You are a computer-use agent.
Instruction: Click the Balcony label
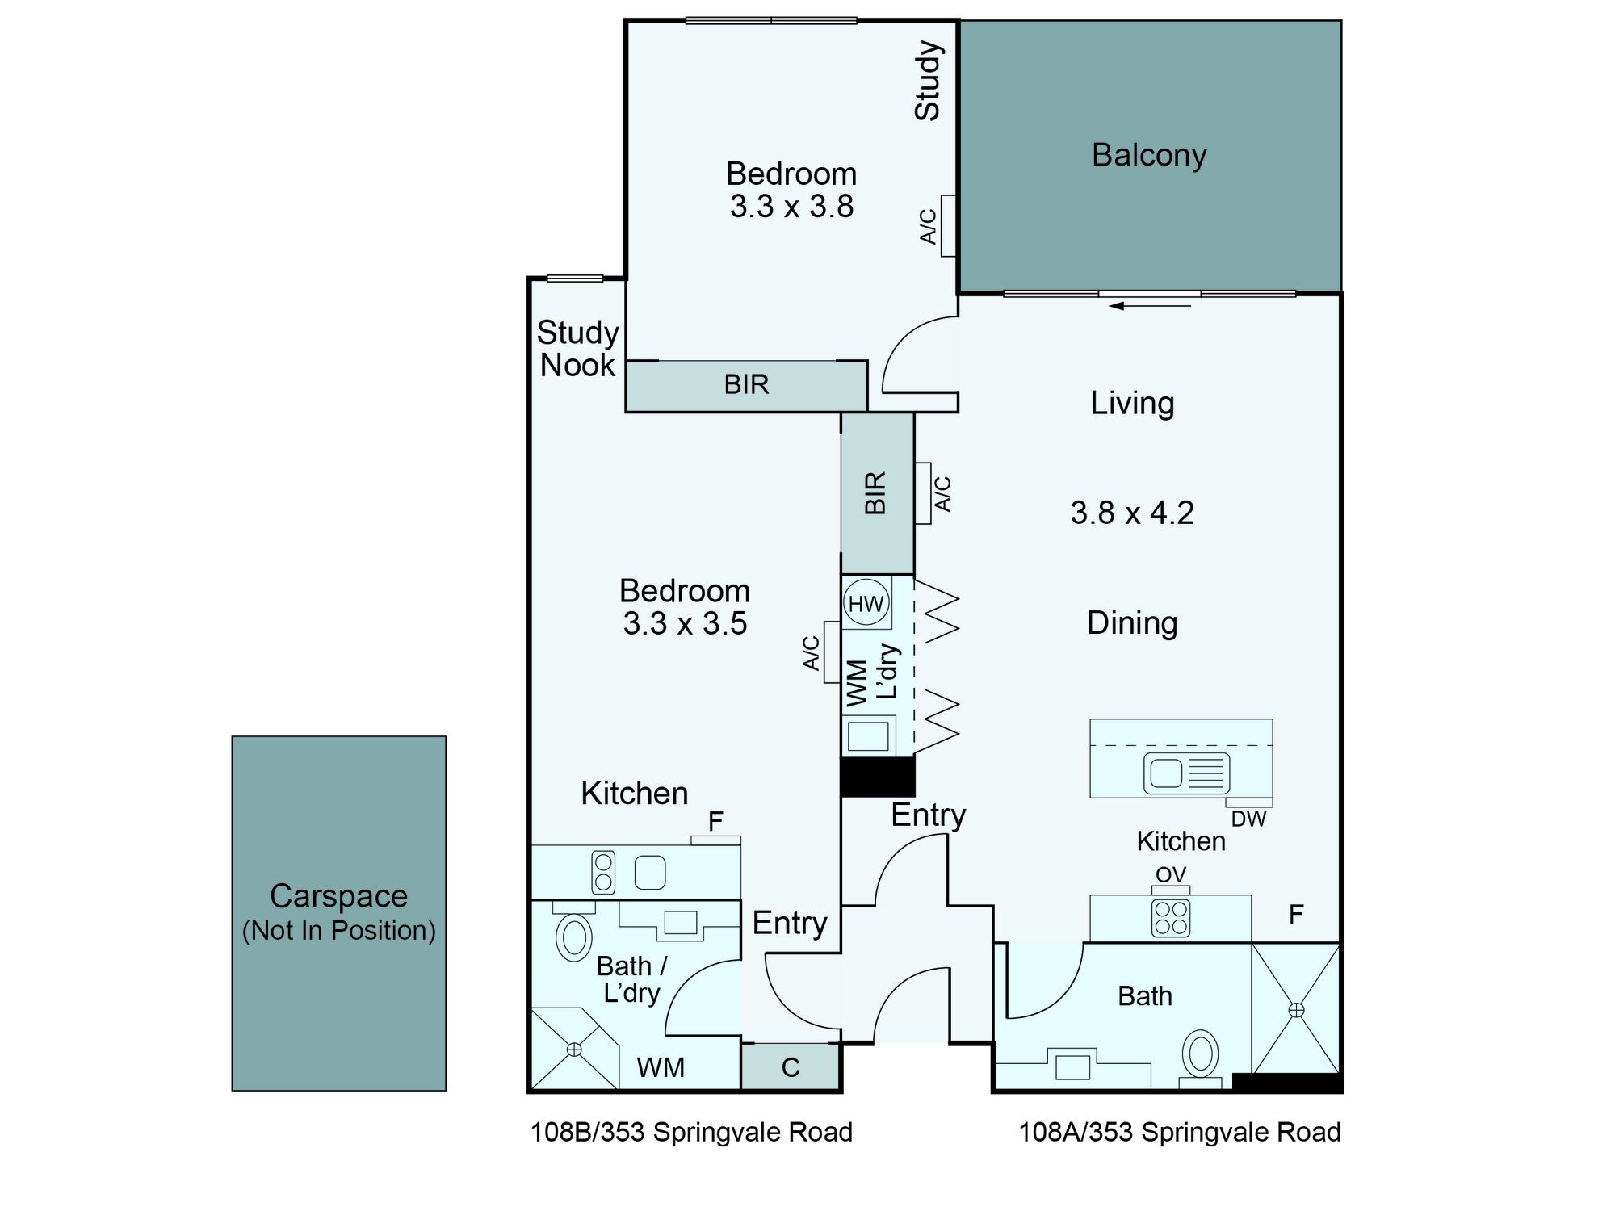(1149, 155)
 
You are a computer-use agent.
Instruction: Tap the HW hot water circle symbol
(866, 603)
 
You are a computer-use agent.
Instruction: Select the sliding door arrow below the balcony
(1151, 306)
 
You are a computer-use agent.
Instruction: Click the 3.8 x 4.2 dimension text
(1132, 513)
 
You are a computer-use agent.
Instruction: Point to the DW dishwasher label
(1248, 819)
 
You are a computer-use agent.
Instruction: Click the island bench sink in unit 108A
(1186, 773)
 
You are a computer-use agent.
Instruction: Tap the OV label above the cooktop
(1170, 874)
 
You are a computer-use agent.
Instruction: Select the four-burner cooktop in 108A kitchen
(1171, 918)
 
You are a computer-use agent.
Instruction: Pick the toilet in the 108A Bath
(1201, 1054)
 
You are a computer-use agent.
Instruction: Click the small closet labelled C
(791, 1066)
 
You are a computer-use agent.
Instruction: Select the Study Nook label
(578, 349)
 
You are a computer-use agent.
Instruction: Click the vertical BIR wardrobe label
(876, 493)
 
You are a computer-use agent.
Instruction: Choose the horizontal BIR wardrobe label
(746, 384)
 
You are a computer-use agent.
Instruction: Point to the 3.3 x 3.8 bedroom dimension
(791, 207)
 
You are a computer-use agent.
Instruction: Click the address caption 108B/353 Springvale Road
(691, 1132)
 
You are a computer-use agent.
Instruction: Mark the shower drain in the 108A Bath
(1296, 1009)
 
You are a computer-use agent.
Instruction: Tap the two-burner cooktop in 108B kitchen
(603, 872)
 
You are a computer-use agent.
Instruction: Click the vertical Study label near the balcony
(928, 81)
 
